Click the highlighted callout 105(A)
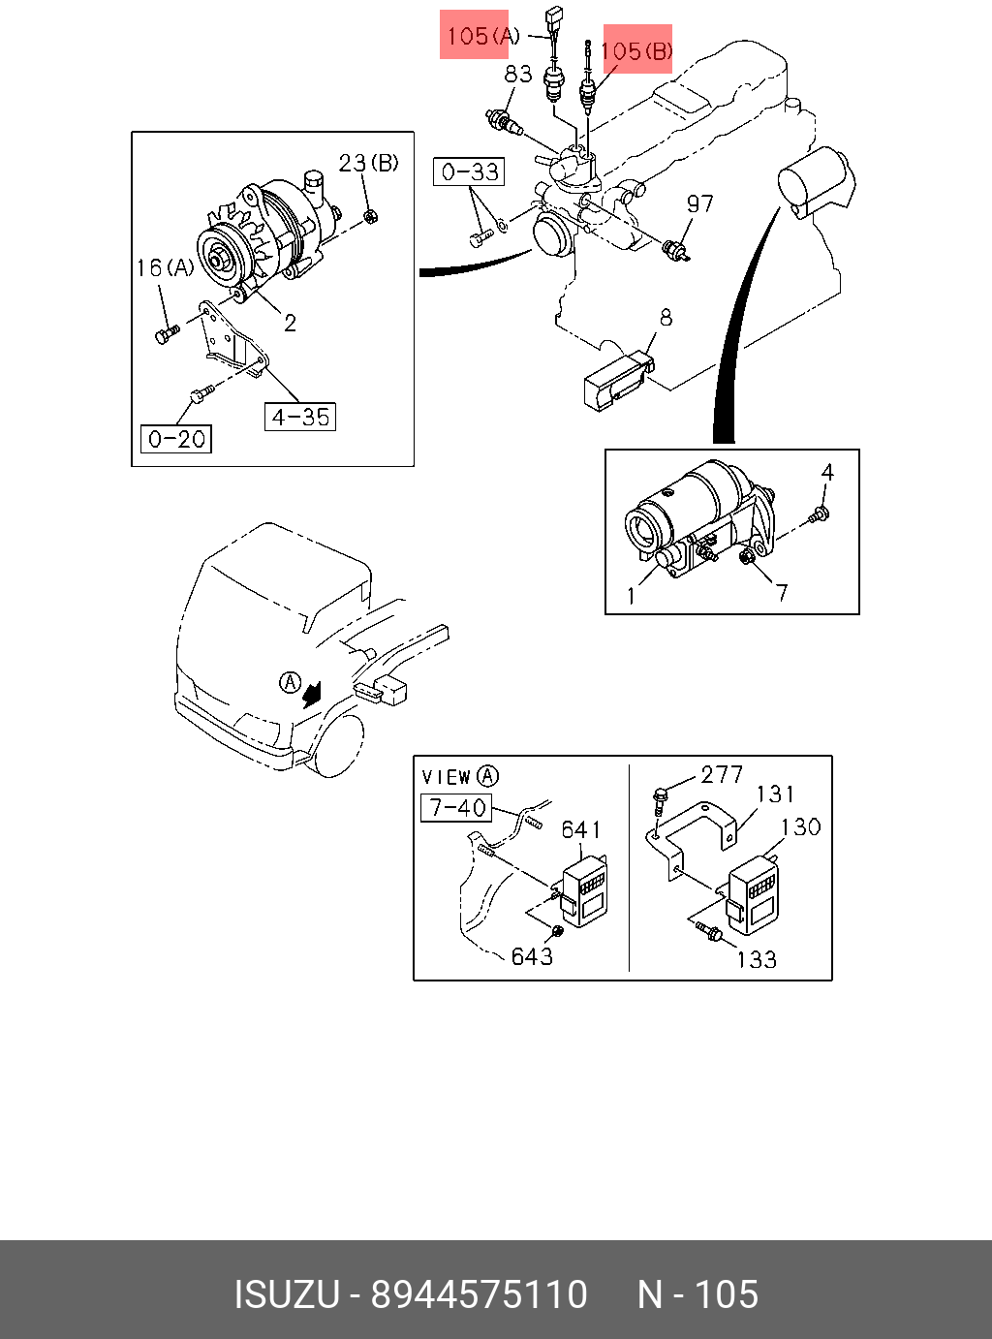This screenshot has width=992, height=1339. pos(475,36)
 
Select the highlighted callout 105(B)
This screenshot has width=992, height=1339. pos(636,50)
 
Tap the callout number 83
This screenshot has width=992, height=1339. pos(518,74)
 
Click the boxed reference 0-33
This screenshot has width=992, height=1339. pos(469,172)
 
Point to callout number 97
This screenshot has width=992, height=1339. pos(699,203)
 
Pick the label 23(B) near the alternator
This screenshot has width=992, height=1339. pos(368,163)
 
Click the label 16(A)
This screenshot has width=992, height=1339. pos(165,267)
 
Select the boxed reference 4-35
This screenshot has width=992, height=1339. pos(300,418)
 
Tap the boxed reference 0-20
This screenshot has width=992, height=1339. pos(176,439)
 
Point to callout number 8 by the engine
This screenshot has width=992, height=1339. pos(666,317)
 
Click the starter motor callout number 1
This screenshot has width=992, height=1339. pos(632,595)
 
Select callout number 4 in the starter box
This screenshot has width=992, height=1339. pos(827,472)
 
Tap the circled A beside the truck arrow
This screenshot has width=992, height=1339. pos(290,682)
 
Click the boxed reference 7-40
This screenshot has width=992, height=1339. pos(456,807)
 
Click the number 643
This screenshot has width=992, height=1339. pos(532,956)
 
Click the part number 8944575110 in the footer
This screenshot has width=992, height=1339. pos(480,1294)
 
